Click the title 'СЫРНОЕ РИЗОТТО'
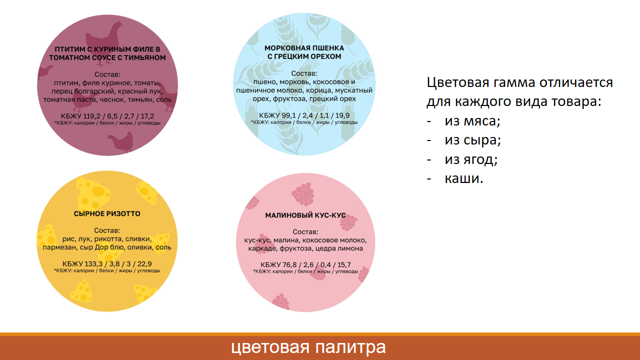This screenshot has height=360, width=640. click(107, 214)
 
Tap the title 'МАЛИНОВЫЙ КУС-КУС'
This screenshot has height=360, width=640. click(305, 215)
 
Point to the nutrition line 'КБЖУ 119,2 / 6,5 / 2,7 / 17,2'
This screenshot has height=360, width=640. click(107, 116)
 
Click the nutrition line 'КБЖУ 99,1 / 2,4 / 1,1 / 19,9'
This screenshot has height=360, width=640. click(305, 115)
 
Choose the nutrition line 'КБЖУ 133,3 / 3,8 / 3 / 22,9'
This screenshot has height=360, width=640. click(107, 264)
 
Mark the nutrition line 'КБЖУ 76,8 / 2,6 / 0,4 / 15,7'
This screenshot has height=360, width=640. click(305, 264)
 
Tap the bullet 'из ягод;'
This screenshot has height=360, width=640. click(471, 159)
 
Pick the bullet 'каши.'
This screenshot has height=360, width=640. click(464, 178)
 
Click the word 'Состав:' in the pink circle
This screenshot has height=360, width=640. click(305, 232)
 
